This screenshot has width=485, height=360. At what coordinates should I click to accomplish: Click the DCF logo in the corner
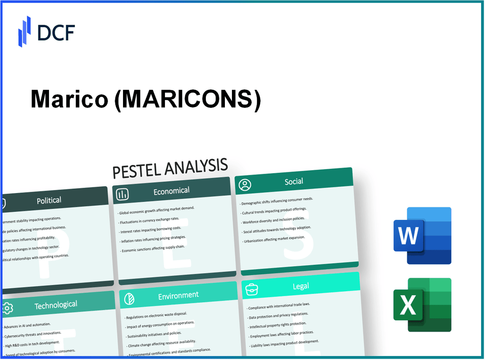pyautogui.click(x=46, y=31)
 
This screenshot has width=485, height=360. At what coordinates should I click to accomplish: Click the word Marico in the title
pyautogui.click(x=69, y=100)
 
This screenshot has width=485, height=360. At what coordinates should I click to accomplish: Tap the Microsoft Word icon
pyautogui.click(x=422, y=236)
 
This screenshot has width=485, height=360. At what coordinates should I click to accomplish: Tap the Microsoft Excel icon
pyautogui.click(x=422, y=304)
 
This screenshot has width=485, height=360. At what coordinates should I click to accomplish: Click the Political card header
pyautogui.click(x=49, y=200)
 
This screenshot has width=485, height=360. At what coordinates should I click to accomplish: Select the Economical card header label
pyautogui.click(x=171, y=191)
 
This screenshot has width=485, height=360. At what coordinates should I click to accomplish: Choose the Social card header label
pyautogui.click(x=294, y=182)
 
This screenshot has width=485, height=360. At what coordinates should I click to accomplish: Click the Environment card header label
pyautogui.click(x=178, y=295)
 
